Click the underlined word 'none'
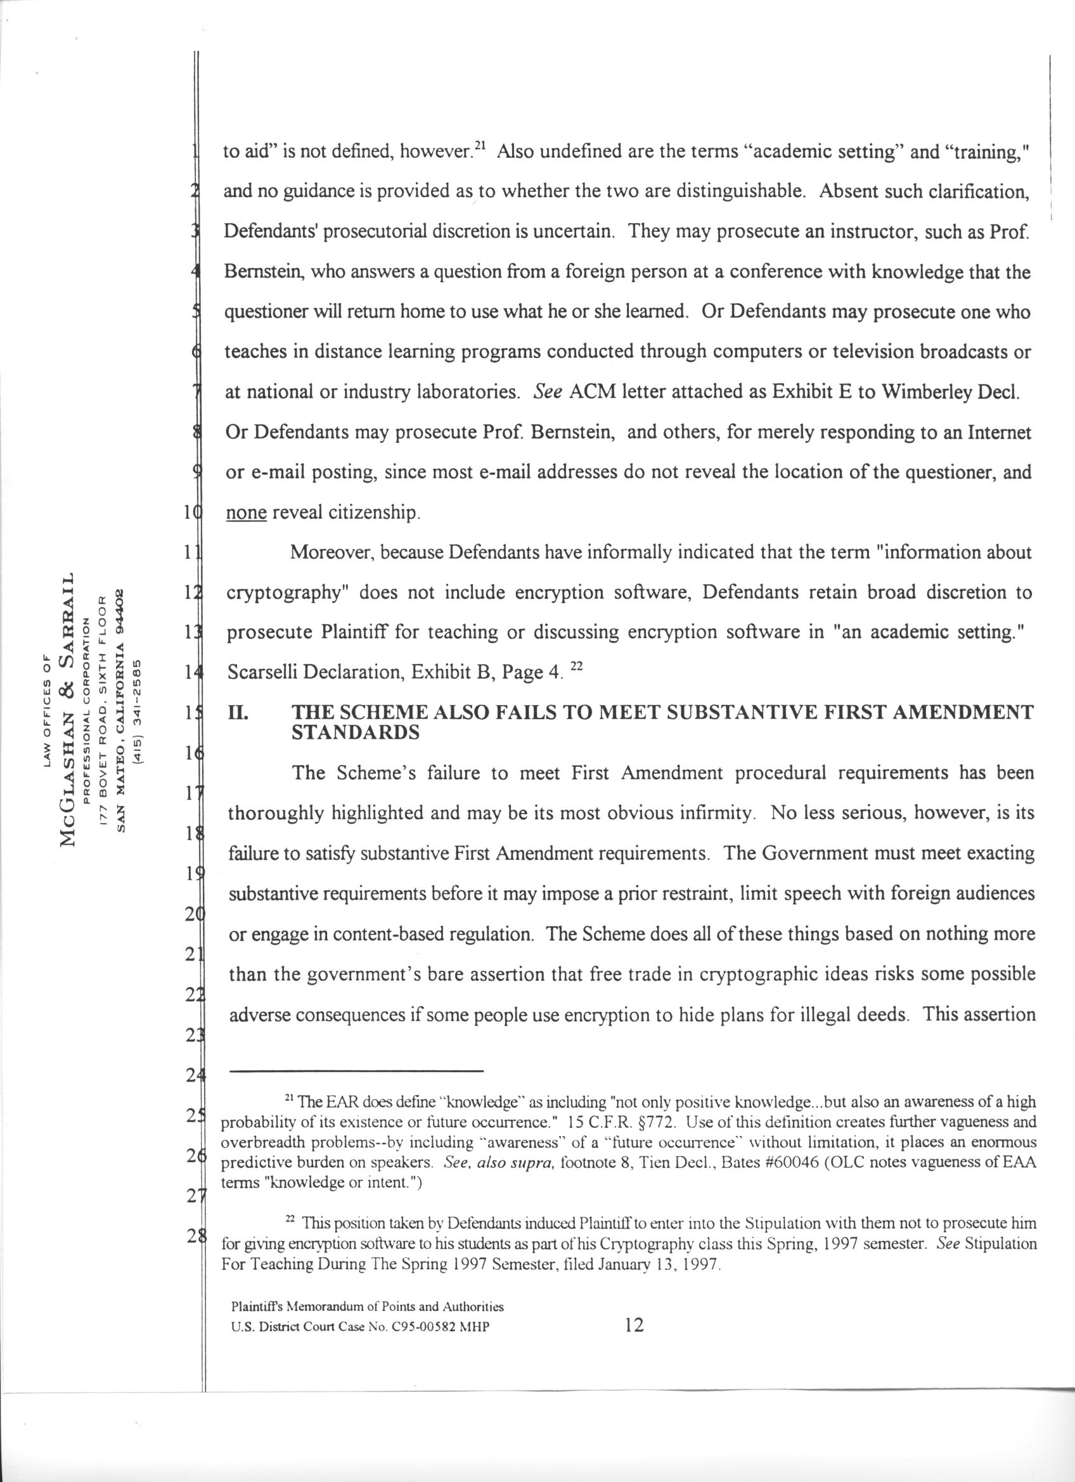[x=246, y=513]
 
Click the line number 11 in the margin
[x=190, y=554]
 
